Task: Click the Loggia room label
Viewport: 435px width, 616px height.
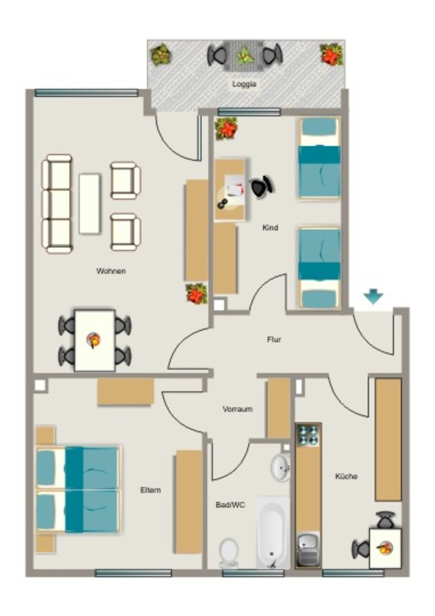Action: click(244, 84)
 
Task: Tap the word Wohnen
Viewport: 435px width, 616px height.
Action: click(111, 271)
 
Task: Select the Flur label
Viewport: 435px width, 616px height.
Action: click(274, 339)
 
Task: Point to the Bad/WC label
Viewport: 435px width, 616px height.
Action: click(230, 505)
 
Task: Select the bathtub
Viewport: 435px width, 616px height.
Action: click(272, 532)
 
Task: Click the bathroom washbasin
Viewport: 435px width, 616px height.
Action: click(281, 467)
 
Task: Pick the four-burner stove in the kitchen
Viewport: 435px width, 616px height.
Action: click(308, 435)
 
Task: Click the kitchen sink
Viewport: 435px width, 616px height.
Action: click(308, 549)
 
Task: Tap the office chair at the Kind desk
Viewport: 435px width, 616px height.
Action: click(261, 186)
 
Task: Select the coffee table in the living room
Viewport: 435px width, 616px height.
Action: click(90, 204)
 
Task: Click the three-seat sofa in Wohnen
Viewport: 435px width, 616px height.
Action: click(57, 204)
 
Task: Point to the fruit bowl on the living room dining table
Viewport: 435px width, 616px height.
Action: click(94, 339)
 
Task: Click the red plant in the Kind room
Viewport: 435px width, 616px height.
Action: click(227, 129)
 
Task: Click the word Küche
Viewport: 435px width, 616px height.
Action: click(346, 476)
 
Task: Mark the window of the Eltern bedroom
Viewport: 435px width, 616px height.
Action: click(133, 573)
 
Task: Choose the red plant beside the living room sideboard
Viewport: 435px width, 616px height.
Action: click(196, 294)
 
